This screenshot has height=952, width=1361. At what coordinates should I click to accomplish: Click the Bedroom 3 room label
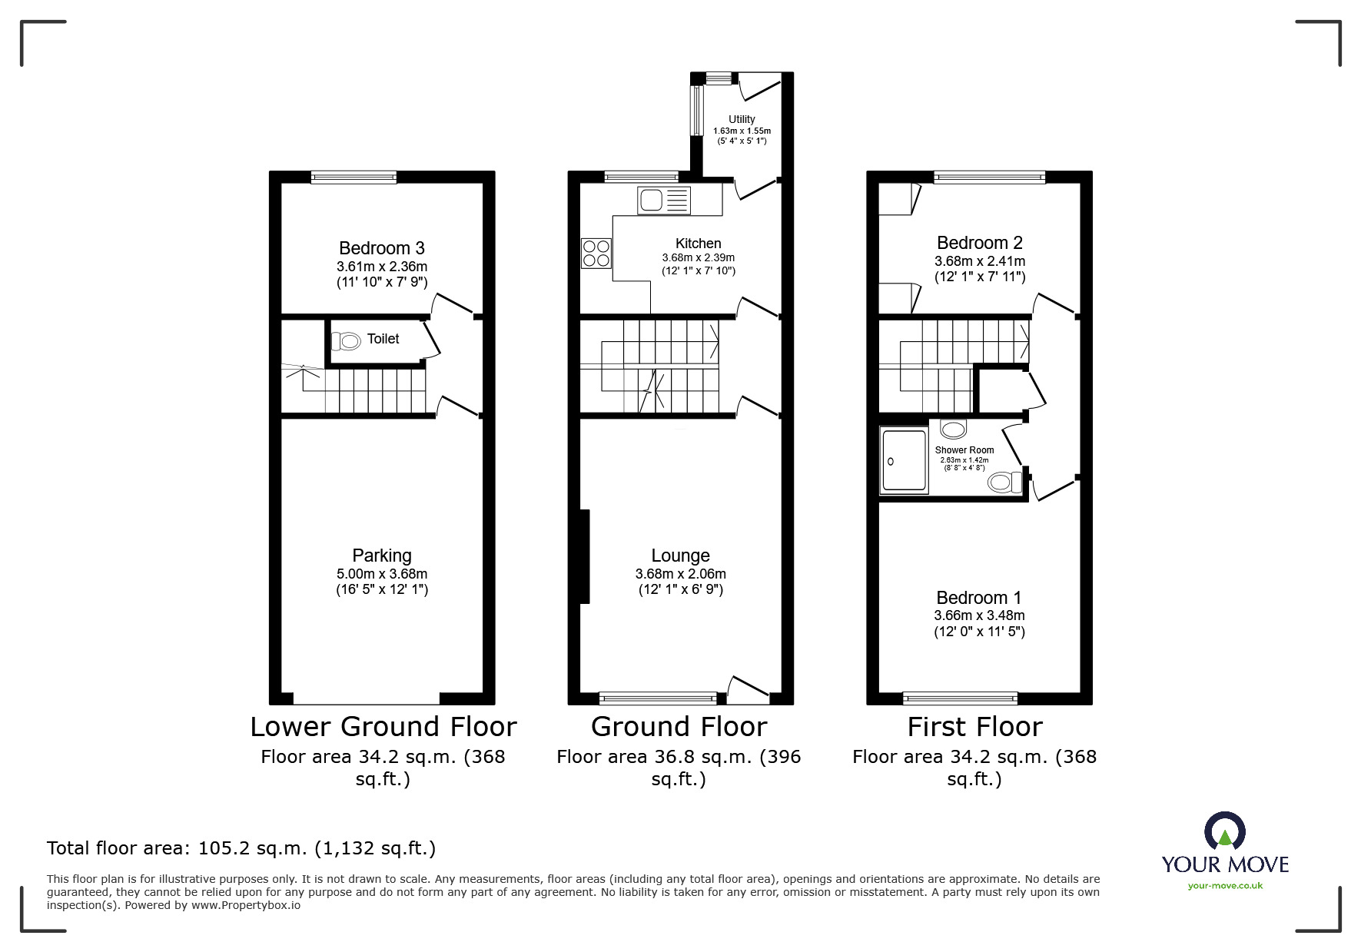coord(382,248)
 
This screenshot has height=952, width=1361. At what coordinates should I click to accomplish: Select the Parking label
coord(382,556)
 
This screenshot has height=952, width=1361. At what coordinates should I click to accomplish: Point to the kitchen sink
coord(664,201)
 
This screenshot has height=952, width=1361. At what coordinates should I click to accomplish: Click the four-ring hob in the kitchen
coord(596,254)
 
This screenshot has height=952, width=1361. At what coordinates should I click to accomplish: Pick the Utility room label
coord(742,119)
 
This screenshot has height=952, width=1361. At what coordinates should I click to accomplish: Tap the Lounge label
coord(680,556)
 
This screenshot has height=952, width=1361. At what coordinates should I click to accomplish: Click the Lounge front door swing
coord(748,688)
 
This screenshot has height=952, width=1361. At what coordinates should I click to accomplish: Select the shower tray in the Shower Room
coord(905,461)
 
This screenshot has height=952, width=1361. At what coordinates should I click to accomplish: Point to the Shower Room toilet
coord(1006,483)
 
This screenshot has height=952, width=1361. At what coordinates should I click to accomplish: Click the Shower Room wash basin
coord(954,430)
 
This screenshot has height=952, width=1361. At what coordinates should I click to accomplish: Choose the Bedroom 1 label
coord(979,598)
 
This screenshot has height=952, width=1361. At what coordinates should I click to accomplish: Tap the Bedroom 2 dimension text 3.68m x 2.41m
coord(980,261)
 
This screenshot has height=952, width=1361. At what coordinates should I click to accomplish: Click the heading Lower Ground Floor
coord(383,726)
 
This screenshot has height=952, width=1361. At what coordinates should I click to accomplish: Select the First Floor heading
coord(974,726)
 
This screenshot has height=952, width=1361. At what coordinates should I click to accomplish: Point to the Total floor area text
coord(241,848)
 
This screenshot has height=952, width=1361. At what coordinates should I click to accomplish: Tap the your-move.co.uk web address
coord(1225,886)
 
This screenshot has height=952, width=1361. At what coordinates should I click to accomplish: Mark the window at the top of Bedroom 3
coord(354,177)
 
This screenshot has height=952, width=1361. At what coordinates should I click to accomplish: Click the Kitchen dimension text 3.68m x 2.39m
coord(699,257)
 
